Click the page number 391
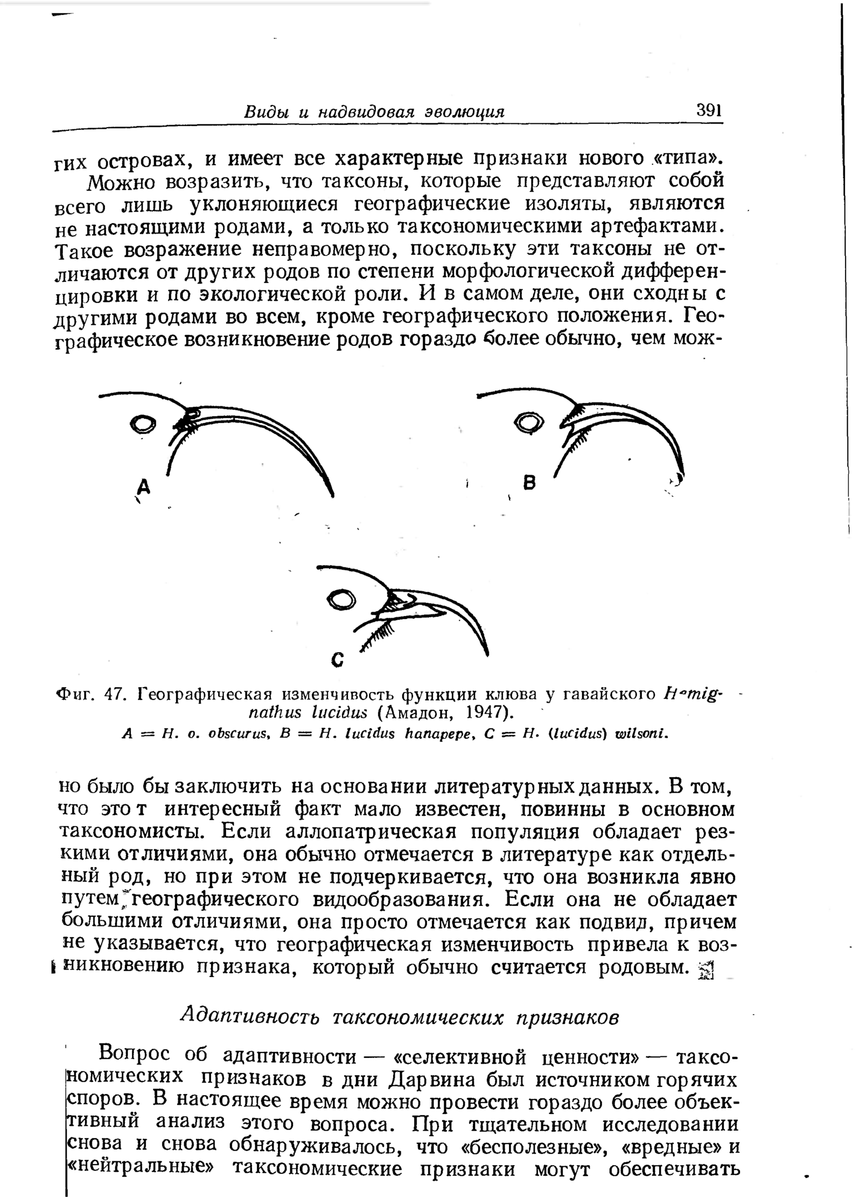click(709, 109)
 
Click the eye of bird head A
click(143, 424)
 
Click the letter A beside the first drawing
click(144, 487)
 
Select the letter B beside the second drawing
click(530, 483)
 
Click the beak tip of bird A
click(333, 495)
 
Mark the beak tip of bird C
click(487, 654)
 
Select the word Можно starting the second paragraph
click(120, 182)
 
